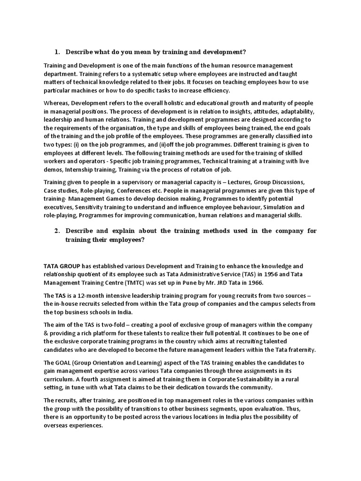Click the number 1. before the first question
(57, 51)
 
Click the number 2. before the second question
(57, 231)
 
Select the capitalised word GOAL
(66, 363)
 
